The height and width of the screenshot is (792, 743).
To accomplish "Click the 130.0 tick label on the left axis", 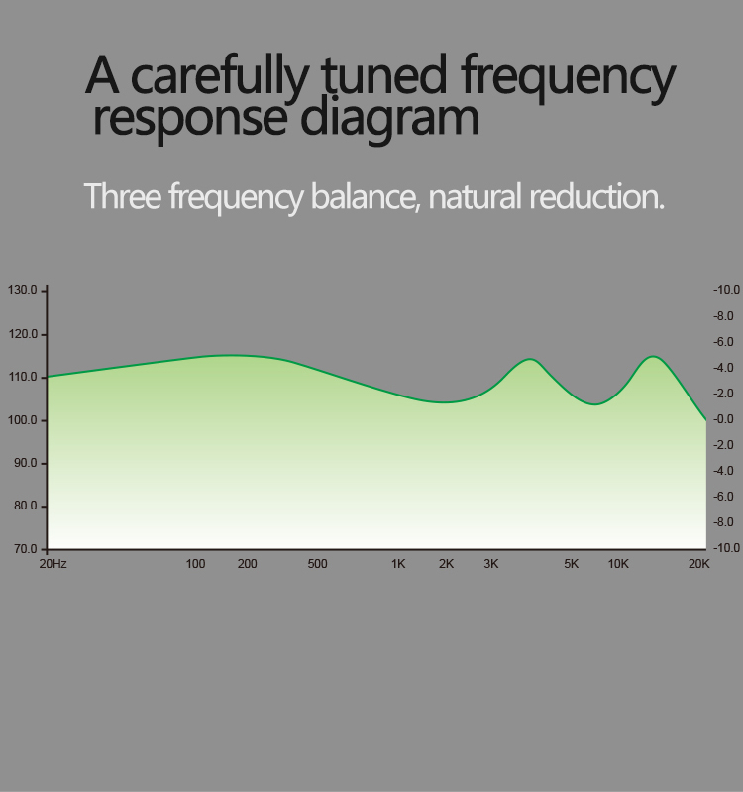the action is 22,290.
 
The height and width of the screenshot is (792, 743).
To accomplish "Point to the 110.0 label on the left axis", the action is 23,377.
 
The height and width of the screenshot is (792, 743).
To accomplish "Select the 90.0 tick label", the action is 26,463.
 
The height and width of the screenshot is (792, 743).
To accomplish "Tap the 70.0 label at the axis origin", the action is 26,549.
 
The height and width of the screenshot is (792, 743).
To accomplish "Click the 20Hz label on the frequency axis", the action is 53,564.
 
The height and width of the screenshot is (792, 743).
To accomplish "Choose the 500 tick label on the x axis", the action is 317,564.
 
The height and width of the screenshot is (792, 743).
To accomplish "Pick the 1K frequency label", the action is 398,564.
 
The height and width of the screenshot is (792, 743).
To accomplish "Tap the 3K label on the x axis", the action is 491,564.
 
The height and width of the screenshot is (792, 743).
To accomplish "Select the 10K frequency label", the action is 618,564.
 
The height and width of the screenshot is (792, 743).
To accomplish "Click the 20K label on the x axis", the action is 699,564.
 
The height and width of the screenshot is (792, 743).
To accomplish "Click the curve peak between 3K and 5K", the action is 530,359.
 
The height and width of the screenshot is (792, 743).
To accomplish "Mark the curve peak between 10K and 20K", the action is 653,357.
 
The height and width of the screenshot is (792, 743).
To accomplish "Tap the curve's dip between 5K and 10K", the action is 595,404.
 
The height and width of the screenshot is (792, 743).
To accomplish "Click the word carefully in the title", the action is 219,76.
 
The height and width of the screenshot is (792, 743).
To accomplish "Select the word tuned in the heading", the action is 384,75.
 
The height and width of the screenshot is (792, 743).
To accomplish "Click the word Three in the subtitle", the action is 123,196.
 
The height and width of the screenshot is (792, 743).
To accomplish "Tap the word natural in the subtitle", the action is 475,196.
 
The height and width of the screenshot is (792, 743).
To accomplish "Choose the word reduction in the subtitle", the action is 596,196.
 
